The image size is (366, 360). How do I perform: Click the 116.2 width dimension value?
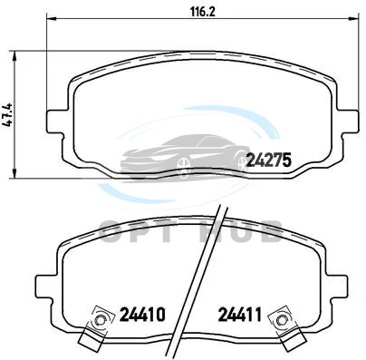(x=202, y=12)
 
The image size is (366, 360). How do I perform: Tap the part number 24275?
(x=268, y=160)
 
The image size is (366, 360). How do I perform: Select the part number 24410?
(x=142, y=315)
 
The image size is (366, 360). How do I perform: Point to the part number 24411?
(x=240, y=315)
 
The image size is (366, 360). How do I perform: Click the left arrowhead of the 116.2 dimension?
(x=52, y=19)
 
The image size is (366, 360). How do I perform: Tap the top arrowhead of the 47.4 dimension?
(x=14, y=55)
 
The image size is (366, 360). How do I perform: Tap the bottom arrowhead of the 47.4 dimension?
(x=14, y=173)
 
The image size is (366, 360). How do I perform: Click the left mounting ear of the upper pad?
(x=57, y=122)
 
